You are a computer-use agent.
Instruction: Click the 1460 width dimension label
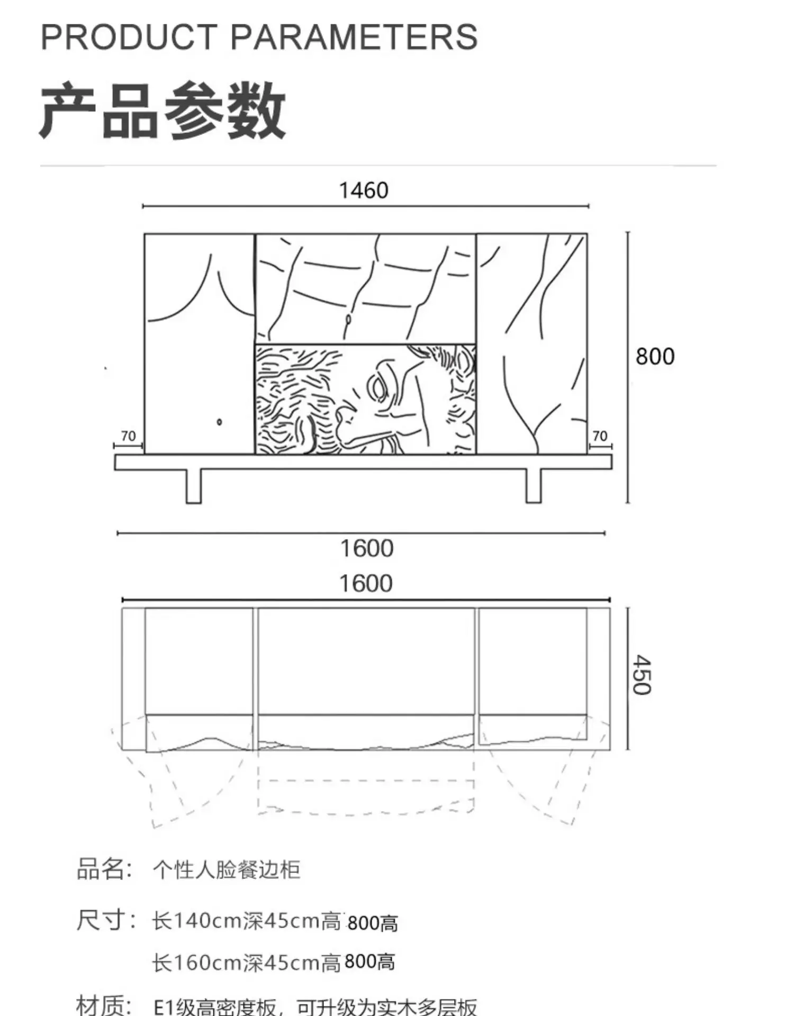(364, 190)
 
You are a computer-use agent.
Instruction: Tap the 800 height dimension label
(655, 357)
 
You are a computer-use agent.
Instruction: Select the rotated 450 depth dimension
(642, 675)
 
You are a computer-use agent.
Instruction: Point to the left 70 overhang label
(128, 436)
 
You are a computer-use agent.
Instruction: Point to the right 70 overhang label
(600, 436)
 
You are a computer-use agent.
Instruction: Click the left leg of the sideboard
(194, 486)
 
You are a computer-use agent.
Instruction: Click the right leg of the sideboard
(534, 486)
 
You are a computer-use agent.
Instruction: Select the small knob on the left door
(219, 422)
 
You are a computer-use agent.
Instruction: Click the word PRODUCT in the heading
(129, 37)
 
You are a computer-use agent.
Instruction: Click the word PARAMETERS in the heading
(354, 37)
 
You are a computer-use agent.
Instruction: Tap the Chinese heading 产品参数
(163, 111)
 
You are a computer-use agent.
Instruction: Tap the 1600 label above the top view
(366, 584)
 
